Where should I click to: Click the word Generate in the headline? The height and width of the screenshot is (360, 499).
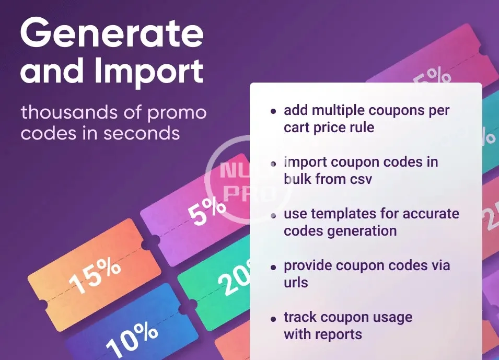[112, 32]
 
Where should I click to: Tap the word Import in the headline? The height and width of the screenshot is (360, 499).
[149, 72]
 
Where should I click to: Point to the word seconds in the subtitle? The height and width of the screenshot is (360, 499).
[142, 133]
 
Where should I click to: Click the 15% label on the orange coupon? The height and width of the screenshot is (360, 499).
[95, 276]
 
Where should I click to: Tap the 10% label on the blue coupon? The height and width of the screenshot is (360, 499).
[132, 339]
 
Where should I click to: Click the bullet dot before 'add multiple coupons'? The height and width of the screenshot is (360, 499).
[273, 111]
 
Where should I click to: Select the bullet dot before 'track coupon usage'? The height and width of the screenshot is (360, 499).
[273, 319]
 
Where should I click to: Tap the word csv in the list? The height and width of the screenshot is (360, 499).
[361, 179]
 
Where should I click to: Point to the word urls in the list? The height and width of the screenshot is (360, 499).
[296, 282]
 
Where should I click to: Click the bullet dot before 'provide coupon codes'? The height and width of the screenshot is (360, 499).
[273, 267]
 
